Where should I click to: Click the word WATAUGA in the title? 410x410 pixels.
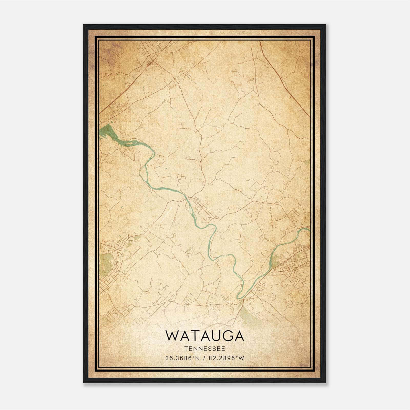coord(204,336)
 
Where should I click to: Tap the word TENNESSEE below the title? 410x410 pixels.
coord(204,349)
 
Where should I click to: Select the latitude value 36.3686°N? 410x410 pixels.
coord(182,358)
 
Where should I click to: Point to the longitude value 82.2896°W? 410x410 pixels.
coord(227,358)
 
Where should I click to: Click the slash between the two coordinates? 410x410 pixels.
coord(205,358)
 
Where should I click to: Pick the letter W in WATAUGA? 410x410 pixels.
coord(172,336)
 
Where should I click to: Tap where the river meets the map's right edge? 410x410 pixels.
coord(309,229)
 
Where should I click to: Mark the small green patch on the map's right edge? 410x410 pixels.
coord(307,162)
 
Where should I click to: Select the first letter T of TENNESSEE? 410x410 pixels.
coord(186,349)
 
